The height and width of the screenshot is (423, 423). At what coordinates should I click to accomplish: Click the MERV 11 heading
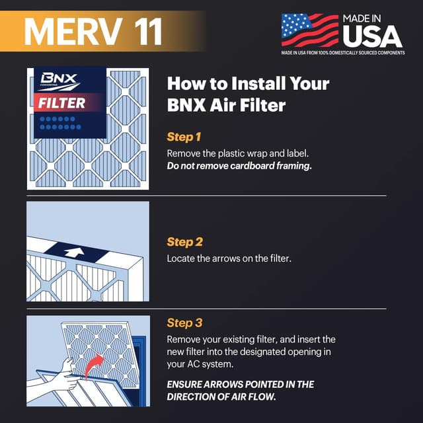(93, 31)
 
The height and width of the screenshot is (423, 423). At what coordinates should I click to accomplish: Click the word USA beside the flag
(371, 35)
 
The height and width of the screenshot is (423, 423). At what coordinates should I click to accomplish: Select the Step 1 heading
(184, 137)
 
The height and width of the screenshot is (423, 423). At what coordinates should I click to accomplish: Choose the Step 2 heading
(184, 242)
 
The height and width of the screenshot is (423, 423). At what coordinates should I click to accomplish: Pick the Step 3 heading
(184, 323)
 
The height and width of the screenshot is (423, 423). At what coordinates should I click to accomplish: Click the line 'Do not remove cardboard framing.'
(239, 166)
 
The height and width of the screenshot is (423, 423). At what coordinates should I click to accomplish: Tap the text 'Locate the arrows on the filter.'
(229, 258)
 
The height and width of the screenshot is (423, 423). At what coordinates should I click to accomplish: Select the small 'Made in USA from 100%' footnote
(342, 53)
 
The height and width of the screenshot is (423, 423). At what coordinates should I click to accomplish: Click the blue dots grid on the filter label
(60, 122)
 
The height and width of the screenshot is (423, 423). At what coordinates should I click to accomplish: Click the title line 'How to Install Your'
(248, 84)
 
